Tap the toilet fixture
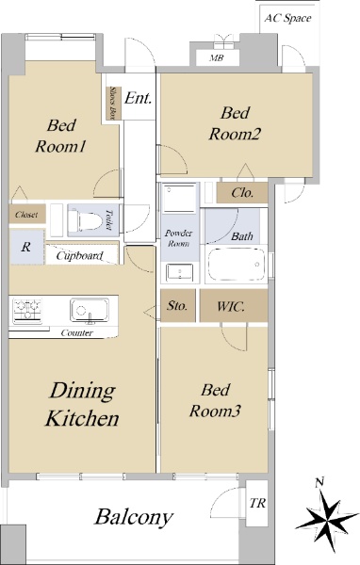(86, 219)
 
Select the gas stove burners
(27, 310)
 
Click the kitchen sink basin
(90, 310)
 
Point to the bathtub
(237, 264)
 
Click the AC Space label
(287, 18)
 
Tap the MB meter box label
(217, 57)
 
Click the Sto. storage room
(178, 305)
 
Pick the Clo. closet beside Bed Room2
(242, 193)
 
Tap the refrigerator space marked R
(27, 247)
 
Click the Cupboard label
(79, 256)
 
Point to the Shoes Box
(112, 104)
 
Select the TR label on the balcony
(257, 503)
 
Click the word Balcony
(134, 517)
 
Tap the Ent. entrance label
(138, 98)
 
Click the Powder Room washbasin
(179, 272)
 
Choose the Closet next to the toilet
(27, 214)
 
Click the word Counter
(77, 333)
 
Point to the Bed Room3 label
(215, 400)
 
